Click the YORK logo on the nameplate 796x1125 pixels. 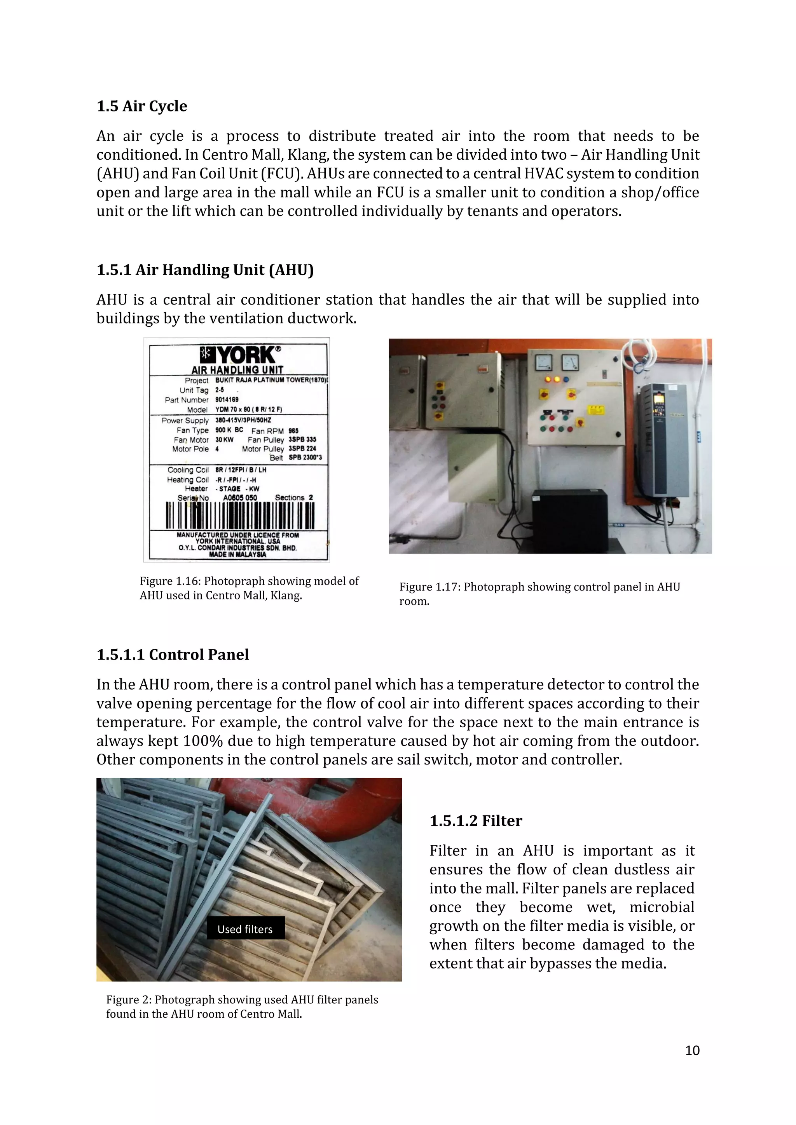[x=240, y=354]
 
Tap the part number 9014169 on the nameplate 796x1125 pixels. [x=227, y=399]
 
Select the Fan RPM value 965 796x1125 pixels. [x=293, y=431]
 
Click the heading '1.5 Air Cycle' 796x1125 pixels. [x=141, y=106]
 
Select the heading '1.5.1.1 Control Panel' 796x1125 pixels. [x=173, y=655]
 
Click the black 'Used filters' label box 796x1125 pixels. [x=245, y=929]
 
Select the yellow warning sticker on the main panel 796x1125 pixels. [x=595, y=409]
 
